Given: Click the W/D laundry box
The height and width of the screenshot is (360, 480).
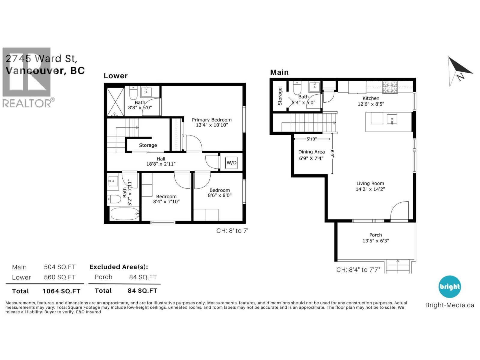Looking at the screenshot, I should [231, 163].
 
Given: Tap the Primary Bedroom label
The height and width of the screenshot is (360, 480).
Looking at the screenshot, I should [212, 120].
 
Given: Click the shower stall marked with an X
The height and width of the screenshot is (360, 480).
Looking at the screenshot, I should [115, 101].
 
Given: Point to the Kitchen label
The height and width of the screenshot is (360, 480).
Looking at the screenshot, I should [371, 98].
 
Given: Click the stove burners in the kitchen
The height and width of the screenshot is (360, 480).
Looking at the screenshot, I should [389, 87].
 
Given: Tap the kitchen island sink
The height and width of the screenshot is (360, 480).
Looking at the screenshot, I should [392, 119].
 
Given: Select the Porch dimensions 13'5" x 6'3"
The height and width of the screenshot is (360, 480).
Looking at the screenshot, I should [376, 241].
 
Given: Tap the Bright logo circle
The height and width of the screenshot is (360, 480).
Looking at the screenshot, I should [449, 286].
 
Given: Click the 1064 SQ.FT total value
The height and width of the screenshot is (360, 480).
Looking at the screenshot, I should [61, 291].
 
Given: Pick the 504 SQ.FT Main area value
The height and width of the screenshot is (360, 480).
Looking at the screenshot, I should [60, 267].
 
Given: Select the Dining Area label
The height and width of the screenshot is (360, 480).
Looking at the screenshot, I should [311, 152].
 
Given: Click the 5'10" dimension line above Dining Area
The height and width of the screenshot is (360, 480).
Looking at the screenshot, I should [311, 139].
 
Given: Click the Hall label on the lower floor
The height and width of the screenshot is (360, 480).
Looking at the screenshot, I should [161, 159].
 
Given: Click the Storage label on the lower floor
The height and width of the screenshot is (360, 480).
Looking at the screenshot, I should [148, 145].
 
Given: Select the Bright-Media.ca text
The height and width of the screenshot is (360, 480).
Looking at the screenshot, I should [449, 305].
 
